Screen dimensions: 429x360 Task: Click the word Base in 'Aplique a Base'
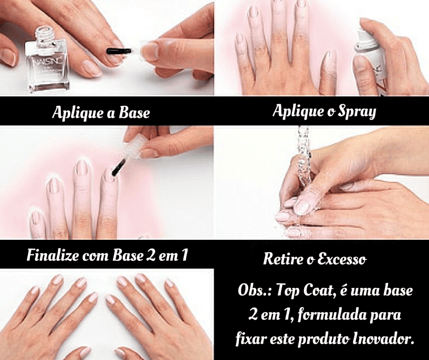pyautogui.click(x=134, y=112)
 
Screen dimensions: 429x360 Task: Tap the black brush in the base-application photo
pyautogui.click(x=120, y=51)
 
